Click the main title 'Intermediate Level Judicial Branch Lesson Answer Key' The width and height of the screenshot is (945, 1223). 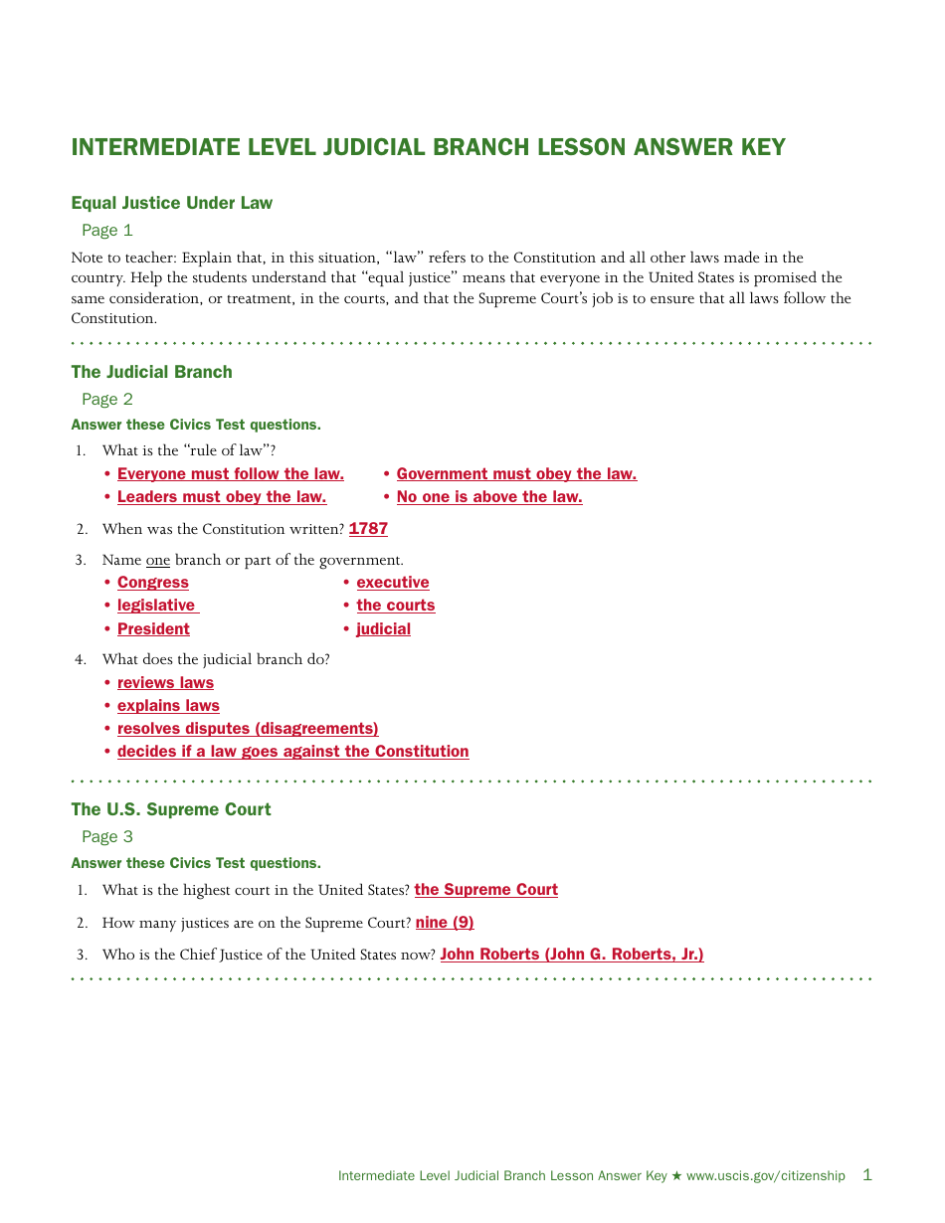tap(428, 148)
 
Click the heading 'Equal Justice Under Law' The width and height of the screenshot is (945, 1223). tap(171, 203)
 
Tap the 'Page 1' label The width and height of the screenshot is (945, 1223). tap(106, 231)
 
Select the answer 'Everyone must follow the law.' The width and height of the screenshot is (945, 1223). tap(230, 474)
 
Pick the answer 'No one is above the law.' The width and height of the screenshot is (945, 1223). tap(488, 497)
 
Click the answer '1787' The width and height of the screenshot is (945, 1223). tap(368, 529)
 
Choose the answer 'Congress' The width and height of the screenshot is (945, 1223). tap(152, 583)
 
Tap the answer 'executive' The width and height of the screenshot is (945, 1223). tap(393, 583)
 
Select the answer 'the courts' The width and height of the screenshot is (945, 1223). tap(395, 606)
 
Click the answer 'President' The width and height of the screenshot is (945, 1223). tap(153, 629)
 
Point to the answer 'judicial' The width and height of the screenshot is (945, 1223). tap(383, 629)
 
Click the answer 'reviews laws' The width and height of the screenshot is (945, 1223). tap(165, 683)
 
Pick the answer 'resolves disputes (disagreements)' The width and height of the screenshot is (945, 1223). tap(248, 729)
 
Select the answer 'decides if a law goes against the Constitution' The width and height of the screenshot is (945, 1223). tap(292, 752)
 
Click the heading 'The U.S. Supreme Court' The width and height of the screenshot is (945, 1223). tap(170, 809)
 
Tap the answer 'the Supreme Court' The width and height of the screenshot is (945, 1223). tap(485, 890)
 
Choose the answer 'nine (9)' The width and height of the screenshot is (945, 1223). tap(445, 923)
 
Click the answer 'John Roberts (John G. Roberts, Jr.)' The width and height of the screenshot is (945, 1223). tap(571, 955)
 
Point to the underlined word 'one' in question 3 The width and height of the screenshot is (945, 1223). tap(158, 561)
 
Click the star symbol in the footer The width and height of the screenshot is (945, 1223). tap(676, 1176)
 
